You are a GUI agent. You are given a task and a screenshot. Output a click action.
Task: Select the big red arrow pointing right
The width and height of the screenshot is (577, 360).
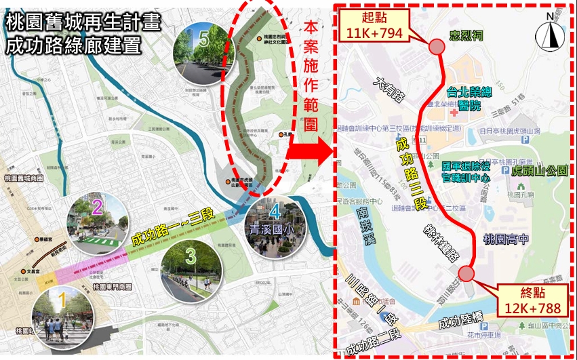pos(309,151)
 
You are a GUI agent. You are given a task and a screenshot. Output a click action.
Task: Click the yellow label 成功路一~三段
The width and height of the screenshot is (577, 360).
pos(172,228)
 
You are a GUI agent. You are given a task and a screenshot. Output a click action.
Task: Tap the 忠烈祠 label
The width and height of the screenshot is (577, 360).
pos(464,36)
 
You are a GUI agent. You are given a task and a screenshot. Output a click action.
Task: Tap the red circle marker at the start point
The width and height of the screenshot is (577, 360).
pos(437,46)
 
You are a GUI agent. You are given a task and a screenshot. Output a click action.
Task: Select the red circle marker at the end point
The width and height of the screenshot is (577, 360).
pos(466,273)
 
